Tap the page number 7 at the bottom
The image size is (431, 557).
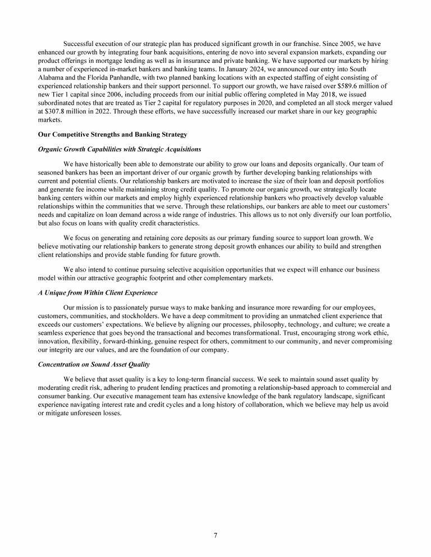pos(215,535)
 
